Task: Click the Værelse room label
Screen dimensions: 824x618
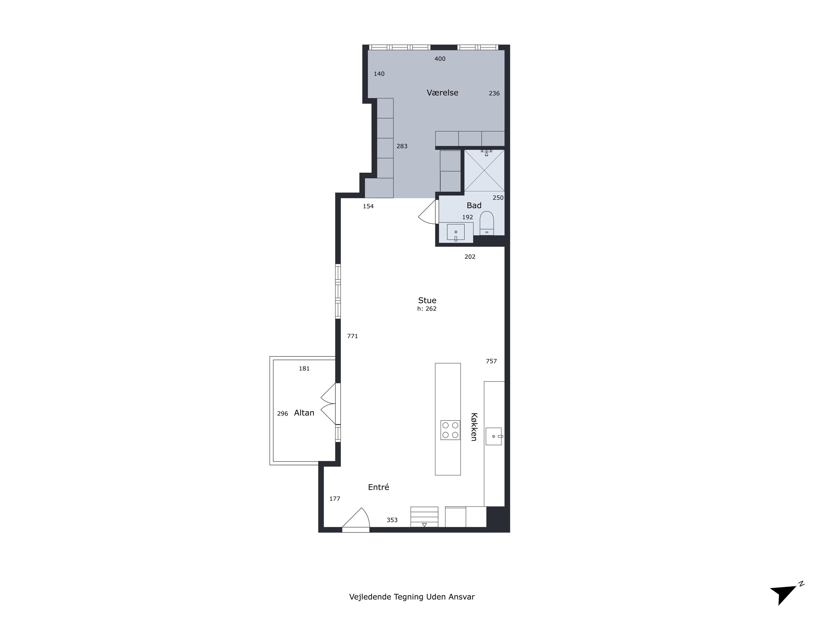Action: tap(442, 93)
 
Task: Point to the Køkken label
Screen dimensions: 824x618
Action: tap(474, 427)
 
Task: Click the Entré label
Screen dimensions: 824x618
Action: tap(378, 487)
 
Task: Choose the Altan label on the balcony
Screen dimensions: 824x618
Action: tap(304, 413)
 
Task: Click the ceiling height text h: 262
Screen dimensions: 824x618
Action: tap(427, 309)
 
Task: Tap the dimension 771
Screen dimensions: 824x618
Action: tap(352, 336)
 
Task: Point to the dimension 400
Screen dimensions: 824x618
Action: tap(440, 59)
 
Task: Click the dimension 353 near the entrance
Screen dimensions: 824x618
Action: tap(392, 520)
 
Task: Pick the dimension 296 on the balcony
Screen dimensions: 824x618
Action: tap(283, 413)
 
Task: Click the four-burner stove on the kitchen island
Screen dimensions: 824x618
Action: tap(450, 430)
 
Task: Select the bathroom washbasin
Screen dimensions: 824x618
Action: tap(456, 232)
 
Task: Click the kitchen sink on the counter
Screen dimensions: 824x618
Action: tap(494, 436)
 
